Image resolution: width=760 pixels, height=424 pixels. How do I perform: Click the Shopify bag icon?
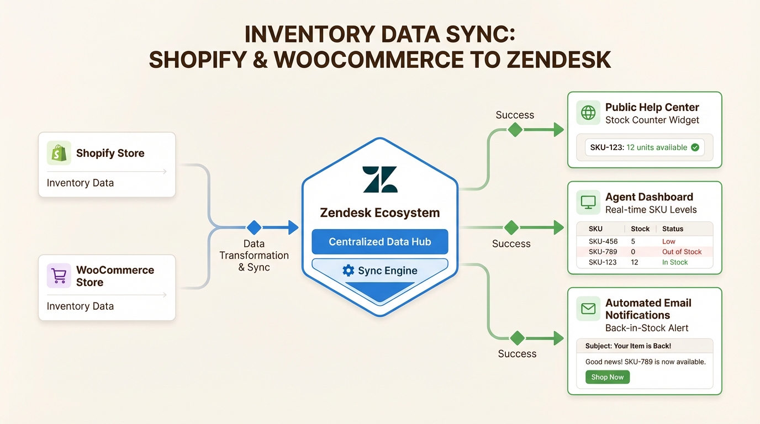[x=59, y=153]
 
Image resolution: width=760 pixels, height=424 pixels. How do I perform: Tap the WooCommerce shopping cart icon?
[x=59, y=275]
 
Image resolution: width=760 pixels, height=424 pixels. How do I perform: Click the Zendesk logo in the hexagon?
[x=380, y=179]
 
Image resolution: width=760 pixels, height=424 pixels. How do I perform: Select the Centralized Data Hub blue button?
[x=380, y=242]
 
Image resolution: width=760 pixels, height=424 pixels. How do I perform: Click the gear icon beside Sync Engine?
[x=348, y=271]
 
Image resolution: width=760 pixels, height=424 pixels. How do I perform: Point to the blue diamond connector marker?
[x=254, y=227]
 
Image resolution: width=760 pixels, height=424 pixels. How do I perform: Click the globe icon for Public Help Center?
[x=588, y=113]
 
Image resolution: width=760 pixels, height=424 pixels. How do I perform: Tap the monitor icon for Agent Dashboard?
[x=588, y=203]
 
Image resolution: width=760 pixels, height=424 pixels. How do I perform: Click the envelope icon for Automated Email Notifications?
[x=588, y=309]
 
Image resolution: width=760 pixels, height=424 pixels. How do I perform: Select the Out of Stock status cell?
[x=682, y=252]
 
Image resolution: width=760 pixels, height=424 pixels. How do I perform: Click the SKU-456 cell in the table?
[x=603, y=241]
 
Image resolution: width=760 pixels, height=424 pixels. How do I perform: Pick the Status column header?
[x=673, y=229]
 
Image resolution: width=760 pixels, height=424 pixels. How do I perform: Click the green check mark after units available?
[x=695, y=147]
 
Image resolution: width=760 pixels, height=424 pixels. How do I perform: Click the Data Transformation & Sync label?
[x=254, y=255]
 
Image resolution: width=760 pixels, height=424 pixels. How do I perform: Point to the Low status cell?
[x=668, y=241]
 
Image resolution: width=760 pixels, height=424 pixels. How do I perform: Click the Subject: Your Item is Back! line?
[x=628, y=346]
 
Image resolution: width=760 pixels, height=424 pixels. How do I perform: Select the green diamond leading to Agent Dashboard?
[x=511, y=227]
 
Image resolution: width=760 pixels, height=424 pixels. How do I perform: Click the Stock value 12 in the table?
[x=635, y=262]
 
